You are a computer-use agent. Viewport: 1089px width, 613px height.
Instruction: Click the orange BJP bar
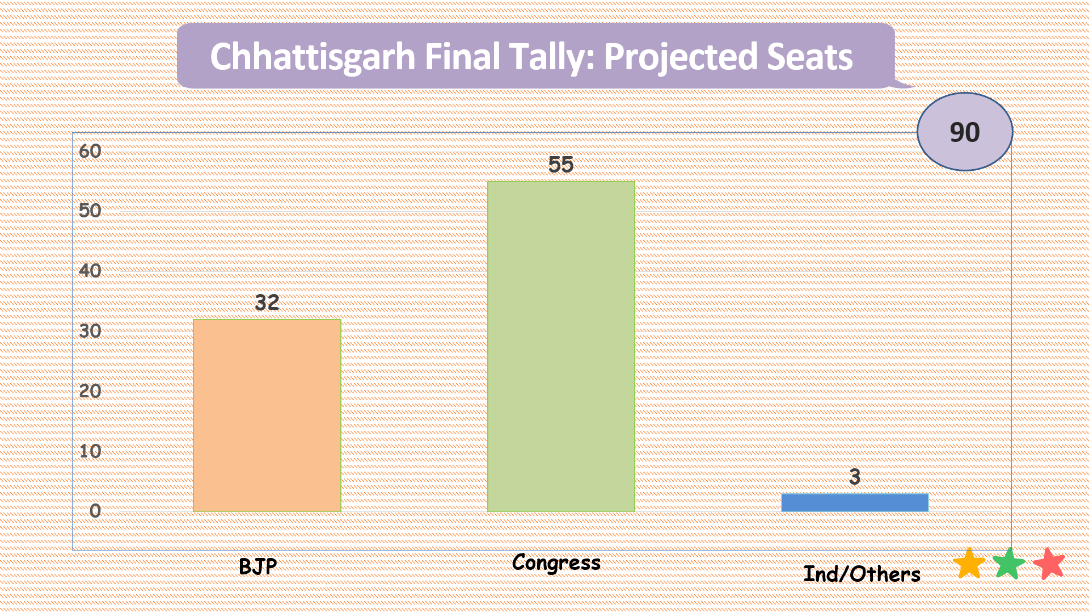click(267, 415)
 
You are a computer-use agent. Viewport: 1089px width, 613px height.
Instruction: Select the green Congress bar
click(561, 347)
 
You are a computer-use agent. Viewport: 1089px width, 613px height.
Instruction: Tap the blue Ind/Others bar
click(855, 503)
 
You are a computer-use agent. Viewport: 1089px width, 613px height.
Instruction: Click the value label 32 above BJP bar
click(267, 303)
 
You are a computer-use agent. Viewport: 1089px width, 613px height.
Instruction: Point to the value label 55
click(561, 165)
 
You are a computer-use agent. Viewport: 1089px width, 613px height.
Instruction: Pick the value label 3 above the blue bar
click(855, 477)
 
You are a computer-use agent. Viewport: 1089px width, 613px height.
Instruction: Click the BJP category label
click(258, 566)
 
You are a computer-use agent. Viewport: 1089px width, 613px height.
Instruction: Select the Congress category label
click(556, 563)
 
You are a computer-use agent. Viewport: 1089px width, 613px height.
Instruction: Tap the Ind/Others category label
click(862, 574)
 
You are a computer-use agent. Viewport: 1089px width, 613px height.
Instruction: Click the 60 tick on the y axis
click(90, 151)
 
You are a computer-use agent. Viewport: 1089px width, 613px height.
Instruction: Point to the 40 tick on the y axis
click(90, 271)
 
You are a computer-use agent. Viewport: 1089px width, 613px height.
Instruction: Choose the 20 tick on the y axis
click(90, 391)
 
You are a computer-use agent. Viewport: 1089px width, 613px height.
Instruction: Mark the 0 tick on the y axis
click(95, 511)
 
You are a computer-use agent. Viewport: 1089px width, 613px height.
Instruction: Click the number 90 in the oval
click(965, 132)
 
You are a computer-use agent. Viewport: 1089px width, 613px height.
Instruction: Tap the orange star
click(969, 563)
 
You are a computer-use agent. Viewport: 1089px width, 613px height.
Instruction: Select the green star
click(1009, 563)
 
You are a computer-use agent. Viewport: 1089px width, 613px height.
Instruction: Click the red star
click(1049, 563)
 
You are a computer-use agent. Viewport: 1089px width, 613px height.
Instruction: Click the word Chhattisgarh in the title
click(313, 57)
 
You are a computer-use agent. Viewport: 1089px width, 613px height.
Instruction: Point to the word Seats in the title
click(810, 57)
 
